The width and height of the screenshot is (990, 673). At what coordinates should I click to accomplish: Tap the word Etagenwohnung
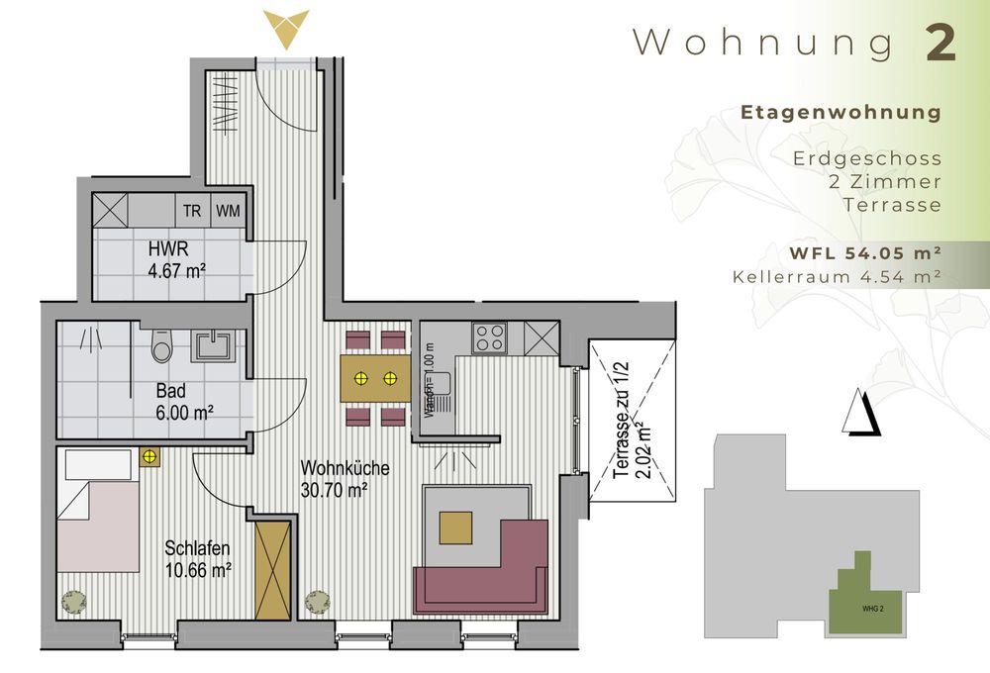pos(841,113)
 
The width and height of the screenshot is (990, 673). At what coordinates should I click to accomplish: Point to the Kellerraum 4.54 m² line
pos(837,277)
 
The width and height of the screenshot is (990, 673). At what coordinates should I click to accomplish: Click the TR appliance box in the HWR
pos(192,210)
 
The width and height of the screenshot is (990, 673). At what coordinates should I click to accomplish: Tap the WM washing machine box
pos(228,210)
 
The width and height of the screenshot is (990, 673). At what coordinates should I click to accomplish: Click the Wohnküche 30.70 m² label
pos(345,478)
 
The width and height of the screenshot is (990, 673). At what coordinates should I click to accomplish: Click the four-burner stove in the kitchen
pos(489,338)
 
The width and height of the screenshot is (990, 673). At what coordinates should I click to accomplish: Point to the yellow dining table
pos(375,378)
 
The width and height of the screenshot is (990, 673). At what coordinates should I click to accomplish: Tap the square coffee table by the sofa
pos(456,527)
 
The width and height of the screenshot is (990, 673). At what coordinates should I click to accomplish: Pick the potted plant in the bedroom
pos(74,600)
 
